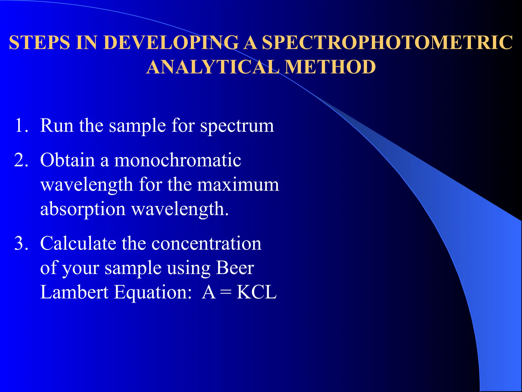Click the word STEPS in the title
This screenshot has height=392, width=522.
pos(40,42)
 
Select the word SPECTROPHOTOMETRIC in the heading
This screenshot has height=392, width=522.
pos(387,42)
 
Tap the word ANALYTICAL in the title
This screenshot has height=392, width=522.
pos(213,67)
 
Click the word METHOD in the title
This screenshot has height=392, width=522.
pos(330,67)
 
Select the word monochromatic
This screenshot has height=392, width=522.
pos(177,160)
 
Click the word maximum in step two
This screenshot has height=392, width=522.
pos(238,185)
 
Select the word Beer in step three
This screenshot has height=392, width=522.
pos(235,268)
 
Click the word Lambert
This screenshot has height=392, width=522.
pos(74,292)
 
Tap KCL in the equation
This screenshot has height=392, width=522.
pos(256,292)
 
